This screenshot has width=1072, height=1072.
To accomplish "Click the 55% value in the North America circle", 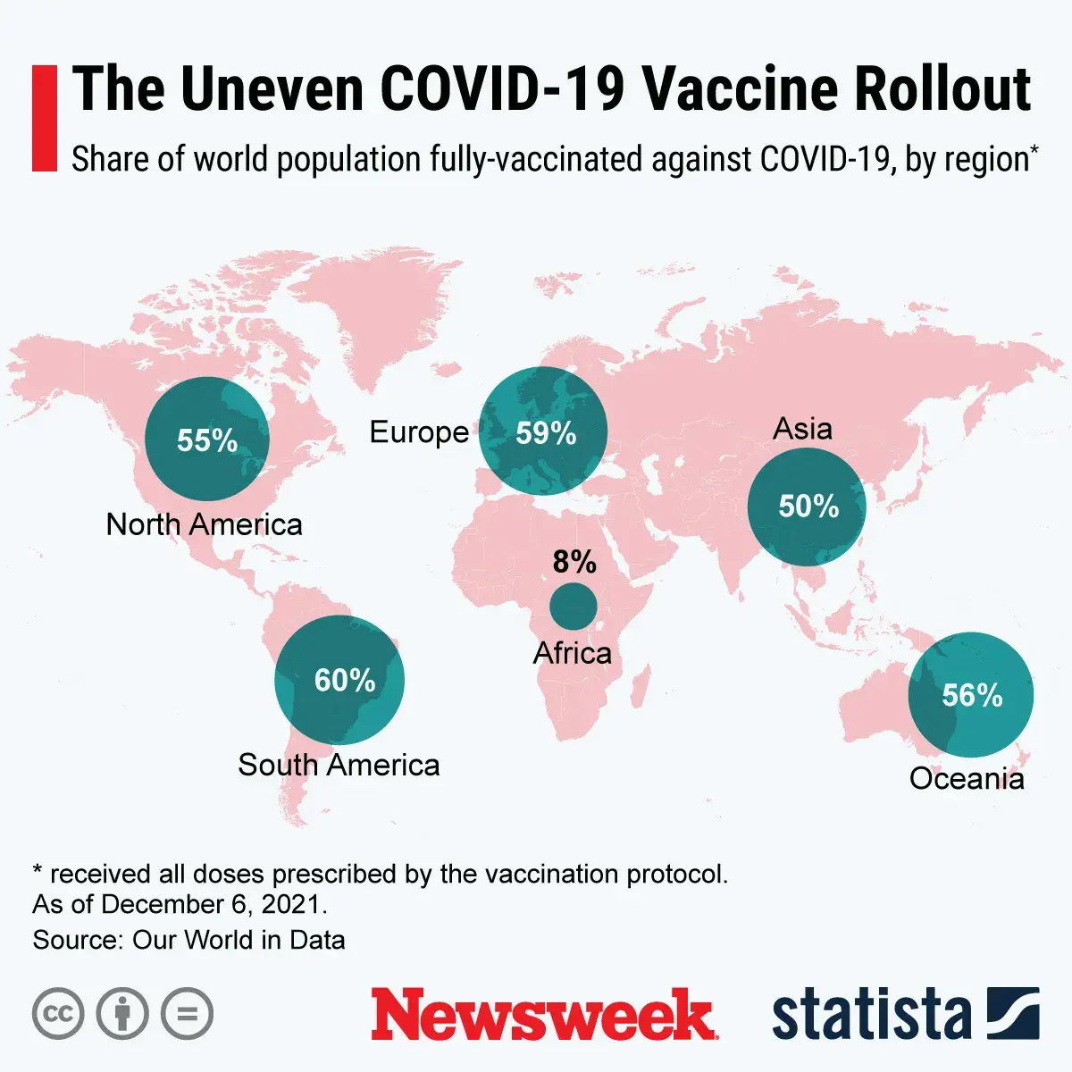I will pyautogui.click(x=207, y=440).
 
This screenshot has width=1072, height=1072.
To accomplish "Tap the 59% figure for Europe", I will pyautogui.click(x=546, y=433).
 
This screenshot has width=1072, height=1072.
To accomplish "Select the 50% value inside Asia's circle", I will pyautogui.click(x=808, y=507).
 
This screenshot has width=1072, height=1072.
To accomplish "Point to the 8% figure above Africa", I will pyautogui.click(x=574, y=562).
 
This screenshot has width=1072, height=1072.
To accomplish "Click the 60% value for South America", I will pyautogui.click(x=345, y=681).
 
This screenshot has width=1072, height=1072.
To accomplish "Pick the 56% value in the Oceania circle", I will pyautogui.click(x=972, y=695).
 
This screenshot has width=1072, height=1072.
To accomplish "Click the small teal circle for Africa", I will pyautogui.click(x=574, y=607).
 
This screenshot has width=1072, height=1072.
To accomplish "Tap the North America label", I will pyautogui.click(x=205, y=524).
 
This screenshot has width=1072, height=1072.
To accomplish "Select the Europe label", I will pyautogui.click(x=419, y=432).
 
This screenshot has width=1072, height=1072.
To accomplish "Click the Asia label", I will pyautogui.click(x=802, y=429).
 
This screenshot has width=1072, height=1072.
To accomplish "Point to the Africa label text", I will pyautogui.click(x=573, y=653).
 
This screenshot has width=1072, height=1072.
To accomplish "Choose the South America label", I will pyautogui.click(x=339, y=766).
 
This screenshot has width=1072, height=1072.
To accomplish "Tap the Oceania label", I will pyautogui.click(x=967, y=779).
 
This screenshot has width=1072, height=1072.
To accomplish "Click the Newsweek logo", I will pyautogui.click(x=542, y=1015).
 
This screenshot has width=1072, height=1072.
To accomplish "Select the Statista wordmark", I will pyautogui.click(x=871, y=1015).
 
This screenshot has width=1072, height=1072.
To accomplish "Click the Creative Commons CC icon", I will pyautogui.click(x=58, y=1014).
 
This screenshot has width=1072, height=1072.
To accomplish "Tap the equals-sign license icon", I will pyautogui.click(x=188, y=1014).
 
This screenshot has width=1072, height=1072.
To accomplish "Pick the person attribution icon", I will pyautogui.click(x=122, y=1014).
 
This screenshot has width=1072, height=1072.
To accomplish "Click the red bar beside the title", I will pyautogui.click(x=44, y=118).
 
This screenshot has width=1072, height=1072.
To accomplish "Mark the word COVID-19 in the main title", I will pyautogui.click(x=502, y=89).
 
